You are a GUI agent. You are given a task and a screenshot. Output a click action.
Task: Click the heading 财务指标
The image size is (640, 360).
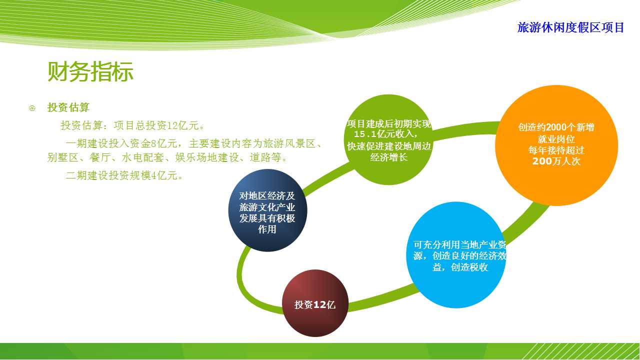pyautogui.click(x=90, y=71)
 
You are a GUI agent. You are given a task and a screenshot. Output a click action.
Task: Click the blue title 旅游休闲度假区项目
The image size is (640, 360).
pyautogui.click(x=570, y=27)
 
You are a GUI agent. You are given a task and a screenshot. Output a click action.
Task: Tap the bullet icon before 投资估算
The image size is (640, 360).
pyautogui.click(x=32, y=108)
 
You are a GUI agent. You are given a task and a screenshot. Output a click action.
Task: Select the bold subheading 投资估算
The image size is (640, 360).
pyautogui.click(x=68, y=107)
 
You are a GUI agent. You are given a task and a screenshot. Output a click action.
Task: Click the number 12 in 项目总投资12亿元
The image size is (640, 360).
pyautogui.click(x=172, y=125)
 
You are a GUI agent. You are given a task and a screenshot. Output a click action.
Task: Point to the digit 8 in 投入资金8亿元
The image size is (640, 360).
pyautogui.click(x=153, y=143)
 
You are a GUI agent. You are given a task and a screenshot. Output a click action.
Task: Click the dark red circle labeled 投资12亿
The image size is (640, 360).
pyautogui.click(x=315, y=303)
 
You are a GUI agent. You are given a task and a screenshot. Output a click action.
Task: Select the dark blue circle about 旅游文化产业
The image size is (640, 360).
pyautogui.click(x=267, y=210)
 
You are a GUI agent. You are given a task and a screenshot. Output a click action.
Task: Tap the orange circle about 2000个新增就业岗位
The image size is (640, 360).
pyautogui.click(x=556, y=145)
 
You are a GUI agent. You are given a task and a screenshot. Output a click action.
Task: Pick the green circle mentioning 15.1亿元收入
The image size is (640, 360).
pyautogui.click(x=388, y=139)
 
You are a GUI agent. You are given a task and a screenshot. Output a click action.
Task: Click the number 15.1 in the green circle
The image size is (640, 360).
pyautogui.click(x=365, y=134)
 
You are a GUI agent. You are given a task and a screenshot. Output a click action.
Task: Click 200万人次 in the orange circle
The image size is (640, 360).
pyautogui.click(x=556, y=161)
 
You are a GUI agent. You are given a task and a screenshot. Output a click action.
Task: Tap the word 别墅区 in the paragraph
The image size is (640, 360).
pyautogui.click(x=63, y=157)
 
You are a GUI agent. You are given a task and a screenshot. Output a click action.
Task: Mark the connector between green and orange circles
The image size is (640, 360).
pyautogui.click(x=465, y=129)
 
